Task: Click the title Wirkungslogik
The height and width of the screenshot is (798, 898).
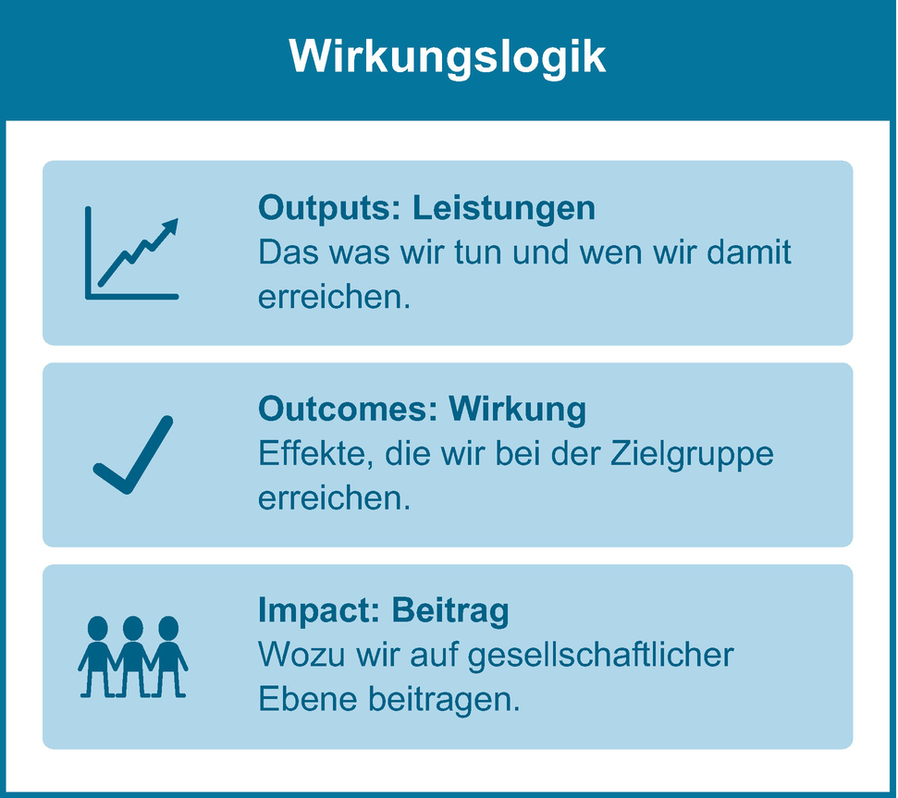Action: pos(448,57)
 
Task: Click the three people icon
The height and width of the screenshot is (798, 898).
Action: pos(133,657)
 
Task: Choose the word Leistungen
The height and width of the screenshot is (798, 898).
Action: pos(504,208)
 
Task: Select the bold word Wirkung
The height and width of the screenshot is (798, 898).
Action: pos(518,411)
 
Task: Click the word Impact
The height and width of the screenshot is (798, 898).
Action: pos(319,611)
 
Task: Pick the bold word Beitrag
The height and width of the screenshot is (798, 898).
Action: pos(450,611)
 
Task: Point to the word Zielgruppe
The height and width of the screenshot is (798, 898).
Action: pos(692,455)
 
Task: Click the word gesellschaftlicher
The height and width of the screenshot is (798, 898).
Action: pos(601,656)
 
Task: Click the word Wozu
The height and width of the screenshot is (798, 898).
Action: pos(301,655)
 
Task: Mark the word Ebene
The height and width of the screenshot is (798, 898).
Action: pos(308,699)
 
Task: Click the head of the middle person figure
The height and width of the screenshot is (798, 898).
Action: pos(133,628)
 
